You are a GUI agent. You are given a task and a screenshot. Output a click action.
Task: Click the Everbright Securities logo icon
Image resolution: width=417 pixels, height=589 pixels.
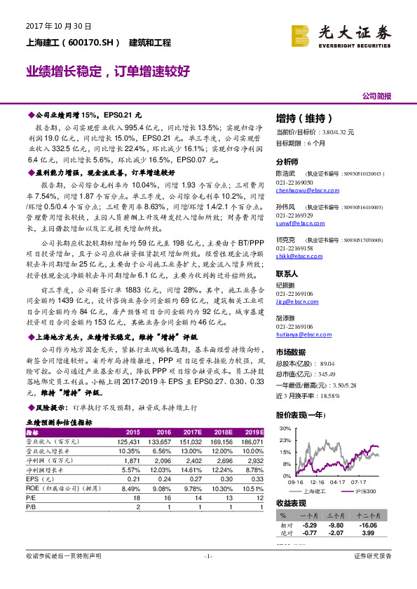point(301,35)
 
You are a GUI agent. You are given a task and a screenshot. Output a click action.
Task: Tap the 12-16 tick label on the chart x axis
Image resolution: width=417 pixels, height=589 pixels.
point(317,482)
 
